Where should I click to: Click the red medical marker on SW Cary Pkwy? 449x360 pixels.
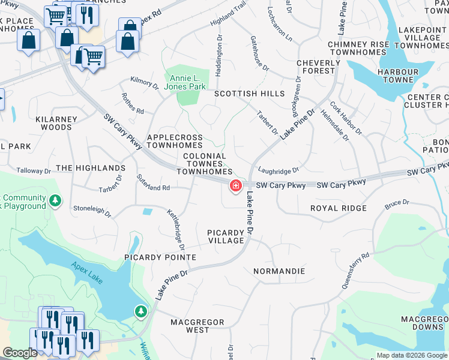236,186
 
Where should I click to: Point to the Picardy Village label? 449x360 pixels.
226,236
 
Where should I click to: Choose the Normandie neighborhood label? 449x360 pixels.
279,271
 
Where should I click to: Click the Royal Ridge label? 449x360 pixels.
338,208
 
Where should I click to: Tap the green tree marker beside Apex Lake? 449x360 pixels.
140,311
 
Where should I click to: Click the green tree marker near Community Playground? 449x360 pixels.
55,200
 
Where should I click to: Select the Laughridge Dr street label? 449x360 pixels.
280,171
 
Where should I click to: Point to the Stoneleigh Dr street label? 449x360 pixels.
92,212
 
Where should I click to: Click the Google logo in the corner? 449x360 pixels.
20,353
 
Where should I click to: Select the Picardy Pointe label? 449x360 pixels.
160,257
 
